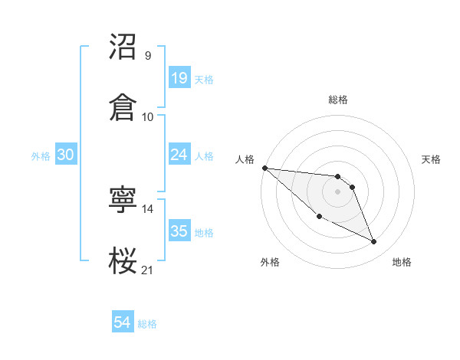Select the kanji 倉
click(123, 106)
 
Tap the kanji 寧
click(123, 200)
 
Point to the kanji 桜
click(123, 260)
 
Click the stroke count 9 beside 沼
click(147, 56)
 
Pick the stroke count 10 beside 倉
click(148, 116)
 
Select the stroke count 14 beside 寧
click(148, 209)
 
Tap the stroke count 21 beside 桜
click(148, 270)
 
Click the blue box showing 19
click(179, 78)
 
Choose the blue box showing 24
click(179, 155)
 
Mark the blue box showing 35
click(179, 231)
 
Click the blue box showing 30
click(65, 155)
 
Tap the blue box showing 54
click(122, 323)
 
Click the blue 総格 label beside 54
click(147, 324)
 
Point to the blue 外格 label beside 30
click(41, 155)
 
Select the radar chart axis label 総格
click(338, 100)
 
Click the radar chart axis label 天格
click(432, 159)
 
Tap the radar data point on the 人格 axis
click(264, 168)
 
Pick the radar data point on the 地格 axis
click(374, 242)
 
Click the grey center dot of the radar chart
click(338, 191)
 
